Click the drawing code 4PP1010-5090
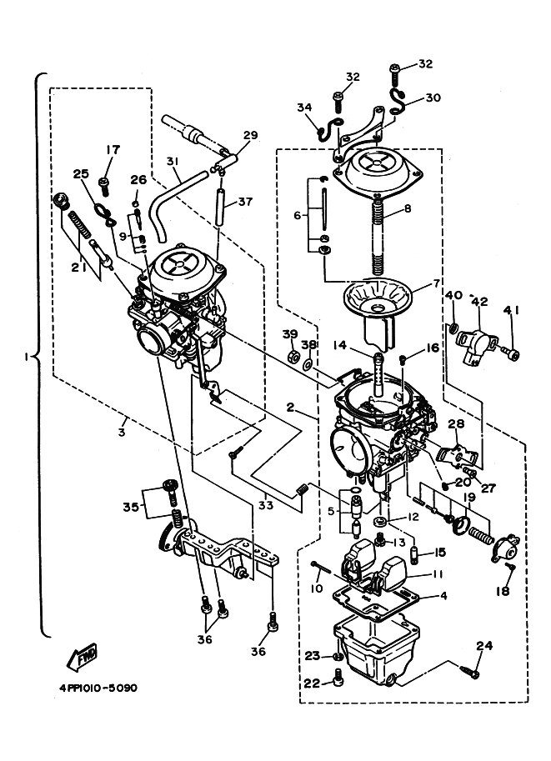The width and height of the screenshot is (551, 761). pos(99,688)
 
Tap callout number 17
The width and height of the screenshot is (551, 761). pos(113,150)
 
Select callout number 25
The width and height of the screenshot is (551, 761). pos(82,173)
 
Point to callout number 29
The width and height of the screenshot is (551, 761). pos(250,135)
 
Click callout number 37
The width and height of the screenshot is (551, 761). pos(246,201)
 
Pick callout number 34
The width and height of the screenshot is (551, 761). pos(304,108)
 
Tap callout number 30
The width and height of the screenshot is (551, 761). pos(433,98)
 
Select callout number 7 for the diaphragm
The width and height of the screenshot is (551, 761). pos(435,283)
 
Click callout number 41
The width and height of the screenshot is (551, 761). pos(511,310)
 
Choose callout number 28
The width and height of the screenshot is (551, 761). pos(456,423)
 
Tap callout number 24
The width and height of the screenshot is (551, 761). pos(484,645)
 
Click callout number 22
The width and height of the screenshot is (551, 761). pos(312,683)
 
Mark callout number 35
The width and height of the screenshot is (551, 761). pos(131,508)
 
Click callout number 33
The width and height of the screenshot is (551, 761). pos(266,505)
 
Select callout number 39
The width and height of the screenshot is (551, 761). pos(290,334)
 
